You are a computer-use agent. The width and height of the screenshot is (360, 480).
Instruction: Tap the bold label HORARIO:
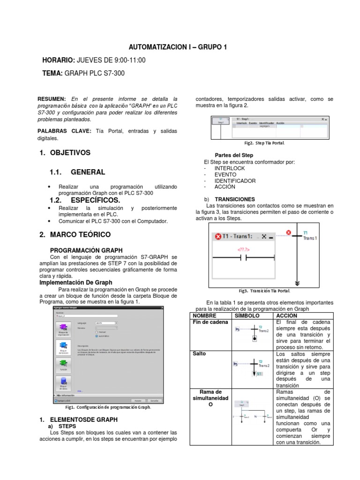click(58, 60)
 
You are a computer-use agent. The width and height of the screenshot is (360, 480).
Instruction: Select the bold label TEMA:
click(52, 73)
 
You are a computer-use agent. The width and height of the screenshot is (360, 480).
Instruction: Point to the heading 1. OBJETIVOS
click(65, 153)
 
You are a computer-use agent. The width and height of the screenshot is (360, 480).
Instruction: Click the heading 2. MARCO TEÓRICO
click(75, 234)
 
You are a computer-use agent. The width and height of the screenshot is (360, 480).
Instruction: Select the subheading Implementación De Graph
click(76, 283)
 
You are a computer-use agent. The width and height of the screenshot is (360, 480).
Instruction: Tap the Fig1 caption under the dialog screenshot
click(108, 407)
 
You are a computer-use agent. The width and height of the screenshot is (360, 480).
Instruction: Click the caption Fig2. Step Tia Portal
click(264, 143)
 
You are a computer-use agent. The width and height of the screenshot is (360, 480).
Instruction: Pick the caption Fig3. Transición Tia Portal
click(264, 291)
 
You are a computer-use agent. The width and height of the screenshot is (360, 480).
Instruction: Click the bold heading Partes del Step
click(234, 155)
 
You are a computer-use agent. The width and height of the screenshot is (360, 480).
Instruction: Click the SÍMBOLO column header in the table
click(246, 316)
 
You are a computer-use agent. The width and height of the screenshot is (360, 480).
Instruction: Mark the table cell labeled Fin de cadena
click(210, 322)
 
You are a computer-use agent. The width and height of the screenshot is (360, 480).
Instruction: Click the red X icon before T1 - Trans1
click(218, 236)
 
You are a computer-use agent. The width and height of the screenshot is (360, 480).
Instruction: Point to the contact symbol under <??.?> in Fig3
click(243, 258)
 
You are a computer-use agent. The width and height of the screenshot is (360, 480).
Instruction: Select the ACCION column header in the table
click(286, 316)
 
